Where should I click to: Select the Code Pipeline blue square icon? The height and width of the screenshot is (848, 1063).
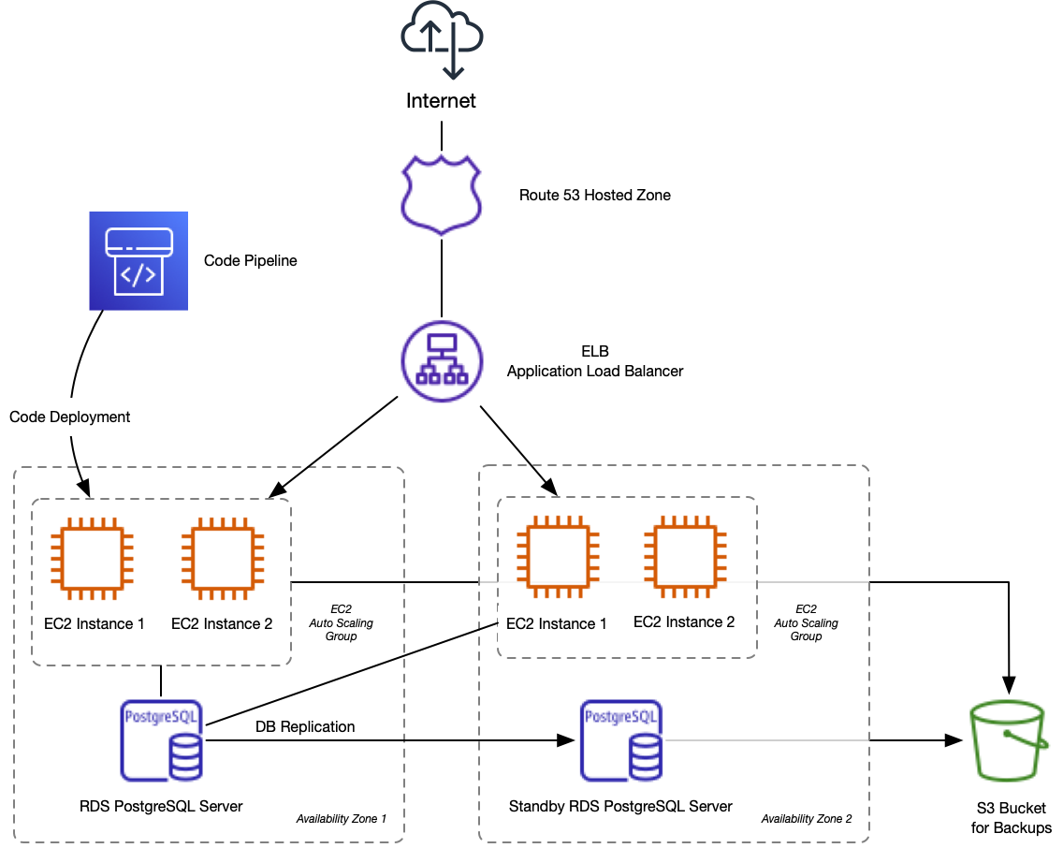click(x=138, y=260)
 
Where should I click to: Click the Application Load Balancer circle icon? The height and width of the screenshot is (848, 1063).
click(x=442, y=360)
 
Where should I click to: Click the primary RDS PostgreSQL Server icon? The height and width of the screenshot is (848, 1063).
click(x=162, y=739)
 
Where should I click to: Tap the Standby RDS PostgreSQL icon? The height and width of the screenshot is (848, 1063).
click(x=620, y=739)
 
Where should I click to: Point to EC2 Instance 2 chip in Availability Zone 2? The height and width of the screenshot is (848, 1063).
click(x=684, y=560)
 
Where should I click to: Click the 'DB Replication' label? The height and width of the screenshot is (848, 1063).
click(x=305, y=726)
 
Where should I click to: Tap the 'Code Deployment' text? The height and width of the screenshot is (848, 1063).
click(x=70, y=417)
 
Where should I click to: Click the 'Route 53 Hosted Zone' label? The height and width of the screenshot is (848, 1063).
click(x=595, y=196)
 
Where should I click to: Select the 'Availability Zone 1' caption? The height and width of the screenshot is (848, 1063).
click(x=341, y=819)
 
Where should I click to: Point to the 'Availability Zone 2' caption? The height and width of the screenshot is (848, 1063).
click(x=806, y=819)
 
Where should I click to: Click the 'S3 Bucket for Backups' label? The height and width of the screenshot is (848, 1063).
click(x=1011, y=817)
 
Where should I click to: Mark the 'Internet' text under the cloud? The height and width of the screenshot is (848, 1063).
click(x=442, y=100)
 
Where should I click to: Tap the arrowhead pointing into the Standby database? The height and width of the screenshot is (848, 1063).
click(x=565, y=740)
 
